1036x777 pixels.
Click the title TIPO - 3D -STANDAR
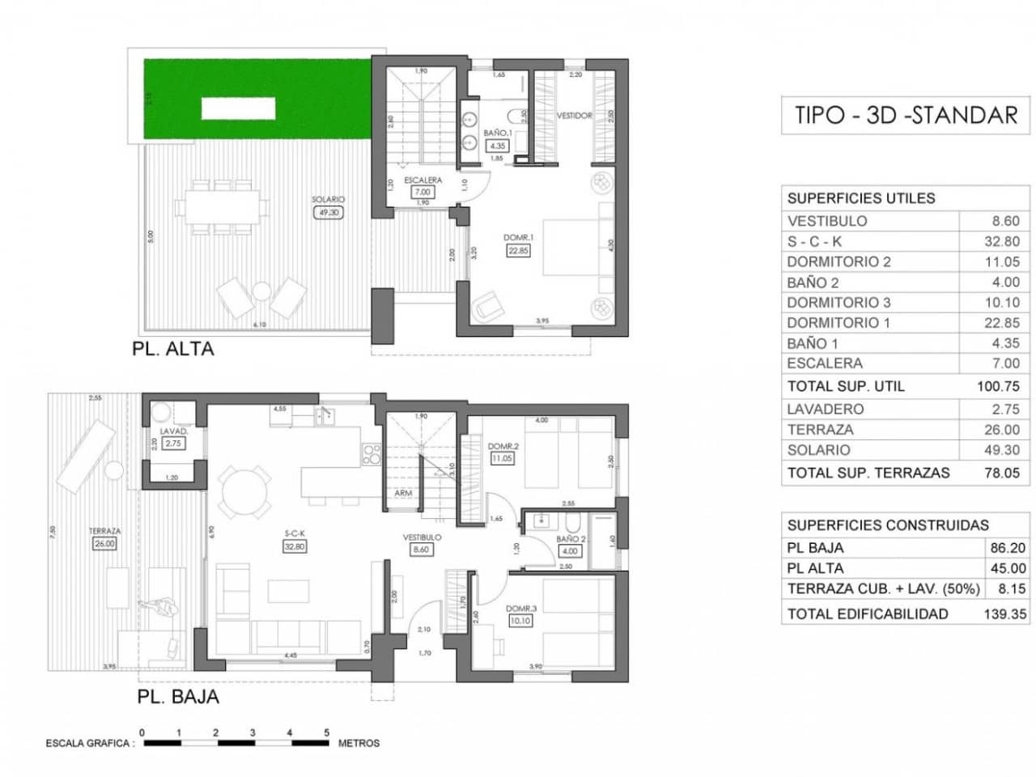[905, 115]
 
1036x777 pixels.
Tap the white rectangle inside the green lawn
[239, 108]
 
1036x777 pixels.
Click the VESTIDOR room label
[574, 116]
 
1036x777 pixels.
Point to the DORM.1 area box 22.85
[518, 251]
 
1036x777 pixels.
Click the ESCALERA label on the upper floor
[422, 180]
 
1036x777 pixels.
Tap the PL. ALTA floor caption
[173, 350]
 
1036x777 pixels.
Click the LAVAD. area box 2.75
[173, 444]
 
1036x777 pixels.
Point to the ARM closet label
[403, 493]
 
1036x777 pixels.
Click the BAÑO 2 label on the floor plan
[571, 539]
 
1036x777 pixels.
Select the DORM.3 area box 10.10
[520, 621]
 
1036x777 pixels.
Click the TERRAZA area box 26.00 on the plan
[104, 544]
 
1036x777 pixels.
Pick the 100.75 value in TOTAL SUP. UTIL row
[999, 386]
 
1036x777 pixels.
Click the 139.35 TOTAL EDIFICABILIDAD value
[1004, 614]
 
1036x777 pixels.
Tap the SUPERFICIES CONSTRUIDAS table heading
[888, 525]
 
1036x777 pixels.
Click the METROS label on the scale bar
[359, 743]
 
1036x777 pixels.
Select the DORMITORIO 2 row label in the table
[839, 261]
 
